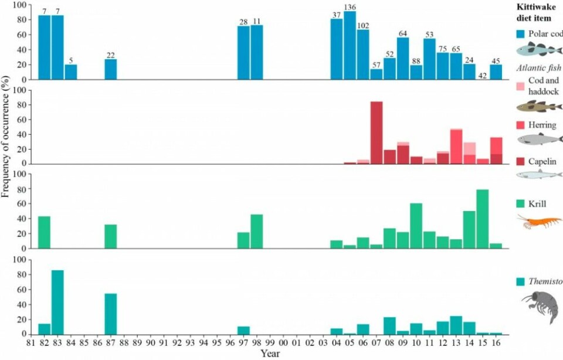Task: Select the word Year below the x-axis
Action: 270,354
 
